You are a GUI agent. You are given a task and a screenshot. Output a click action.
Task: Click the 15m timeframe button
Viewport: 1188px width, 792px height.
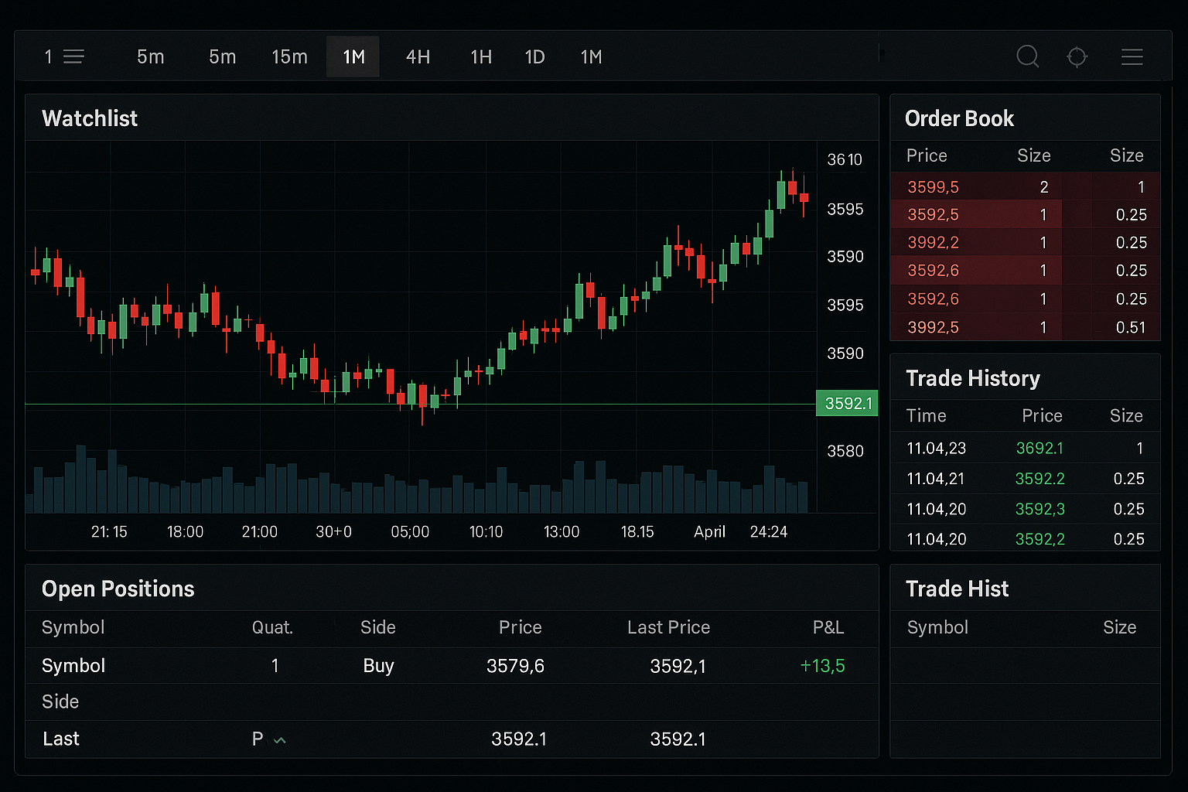(x=289, y=57)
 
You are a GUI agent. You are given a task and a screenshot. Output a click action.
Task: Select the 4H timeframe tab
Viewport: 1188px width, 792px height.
(x=418, y=57)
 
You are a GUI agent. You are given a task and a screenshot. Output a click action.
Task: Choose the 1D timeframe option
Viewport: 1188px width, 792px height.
(x=534, y=57)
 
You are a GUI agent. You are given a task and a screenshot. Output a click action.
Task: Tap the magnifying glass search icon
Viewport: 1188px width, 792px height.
(x=1027, y=56)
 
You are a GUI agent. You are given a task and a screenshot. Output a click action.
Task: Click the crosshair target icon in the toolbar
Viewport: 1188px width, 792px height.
(x=1077, y=57)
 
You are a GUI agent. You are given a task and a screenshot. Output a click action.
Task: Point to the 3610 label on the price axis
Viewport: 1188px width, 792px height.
(x=845, y=160)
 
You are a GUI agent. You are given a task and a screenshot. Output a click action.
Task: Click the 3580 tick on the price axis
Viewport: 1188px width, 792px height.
(x=845, y=451)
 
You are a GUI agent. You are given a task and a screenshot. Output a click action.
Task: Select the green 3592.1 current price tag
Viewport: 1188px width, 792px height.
(x=848, y=403)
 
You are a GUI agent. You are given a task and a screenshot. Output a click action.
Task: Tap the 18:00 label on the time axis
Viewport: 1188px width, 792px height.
(x=185, y=532)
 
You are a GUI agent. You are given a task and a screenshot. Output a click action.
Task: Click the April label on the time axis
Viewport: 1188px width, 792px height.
(x=709, y=532)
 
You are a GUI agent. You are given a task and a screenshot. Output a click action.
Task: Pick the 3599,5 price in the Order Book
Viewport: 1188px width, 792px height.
(x=933, y=187)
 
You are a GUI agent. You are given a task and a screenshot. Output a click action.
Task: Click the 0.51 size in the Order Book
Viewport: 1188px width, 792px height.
(x=1130, y=327)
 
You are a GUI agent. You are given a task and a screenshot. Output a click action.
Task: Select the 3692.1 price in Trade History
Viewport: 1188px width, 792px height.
(x=1039, y=449)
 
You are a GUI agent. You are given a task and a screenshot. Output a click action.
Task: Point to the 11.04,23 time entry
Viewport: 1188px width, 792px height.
(x=936, y=449)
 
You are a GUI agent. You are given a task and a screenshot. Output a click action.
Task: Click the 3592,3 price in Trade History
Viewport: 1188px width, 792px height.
(x=1039, y=509)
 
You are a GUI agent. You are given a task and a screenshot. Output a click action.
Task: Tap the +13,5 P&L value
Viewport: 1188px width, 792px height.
(x=822, y=666)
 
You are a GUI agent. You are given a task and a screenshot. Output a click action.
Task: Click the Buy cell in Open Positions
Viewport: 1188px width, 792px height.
(x=378, y=666)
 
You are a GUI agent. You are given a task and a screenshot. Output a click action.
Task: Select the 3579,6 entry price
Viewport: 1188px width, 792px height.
(x=515, y=666)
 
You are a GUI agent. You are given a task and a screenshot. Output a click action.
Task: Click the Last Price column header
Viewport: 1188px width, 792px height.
(x=668, y=627)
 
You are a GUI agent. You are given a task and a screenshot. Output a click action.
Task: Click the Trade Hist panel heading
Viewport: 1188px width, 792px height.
(x=957, y=589)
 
